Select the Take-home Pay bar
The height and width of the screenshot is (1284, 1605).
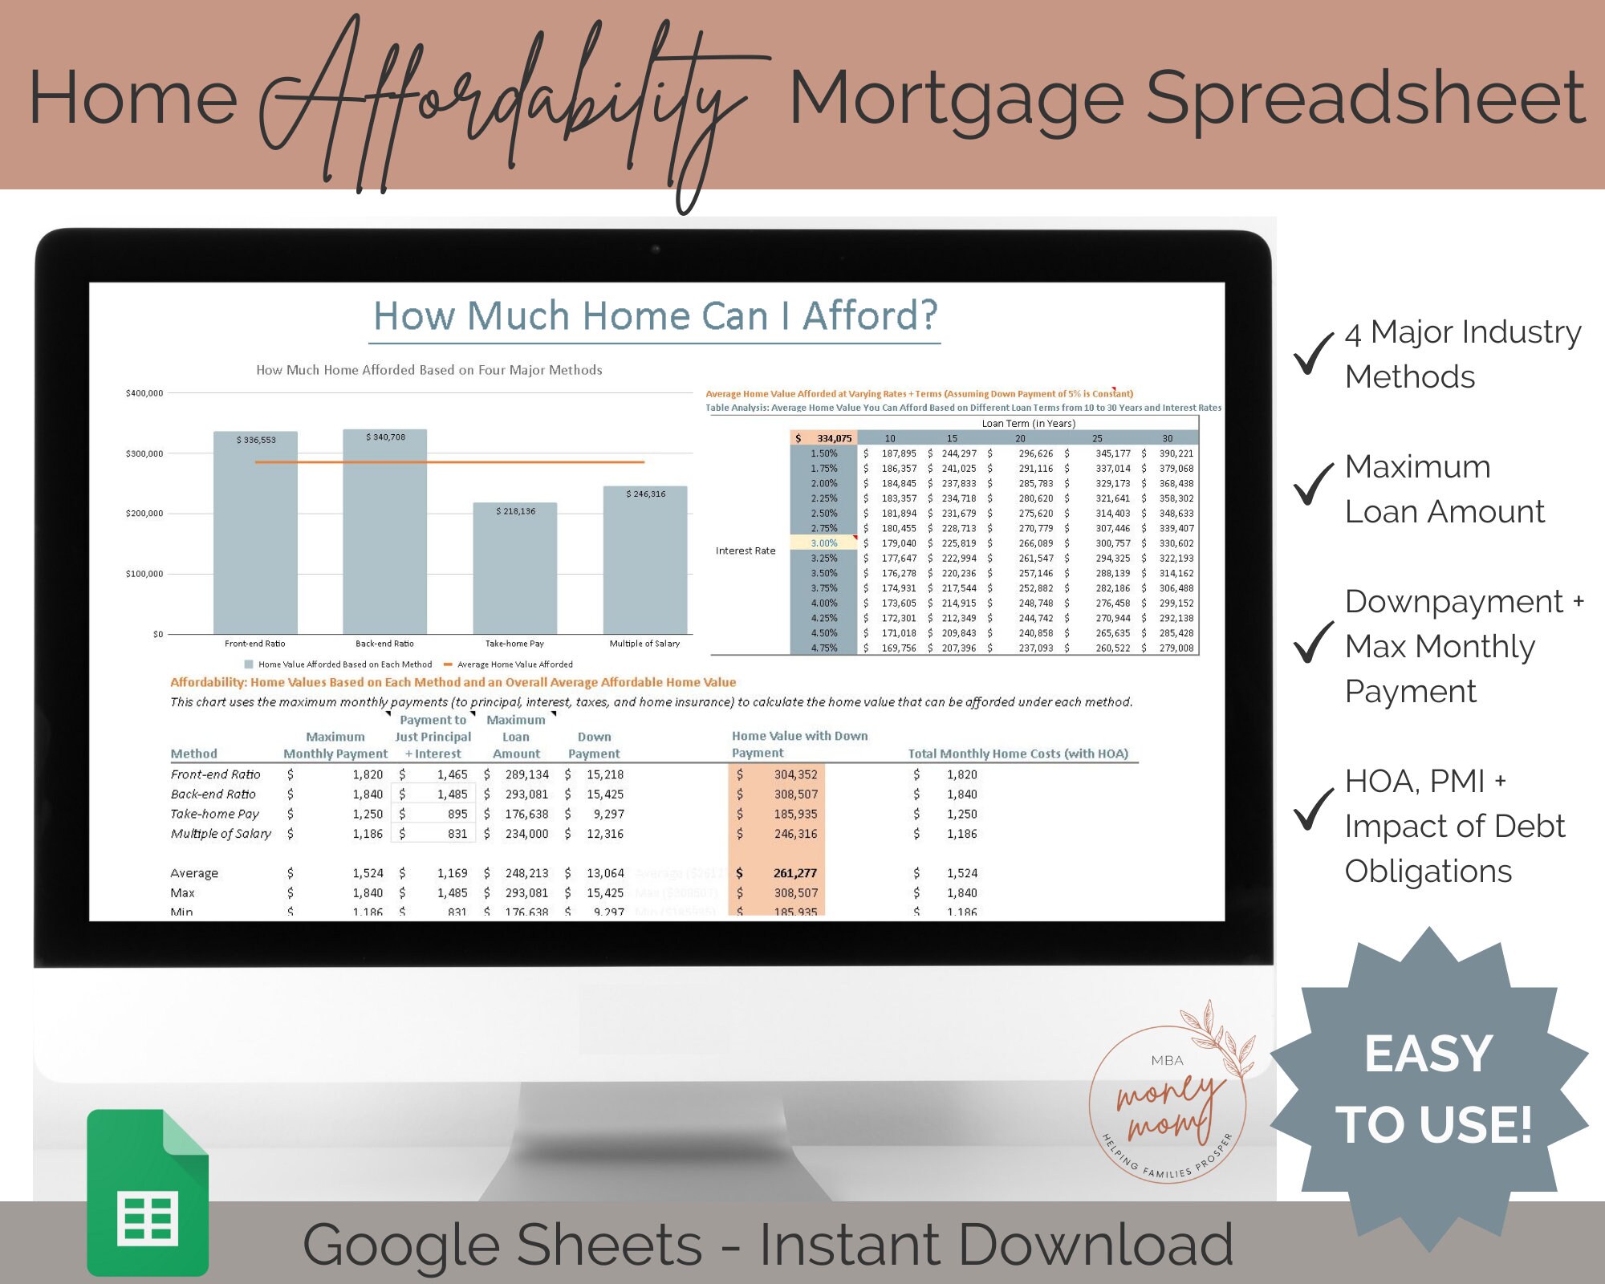point(514,569)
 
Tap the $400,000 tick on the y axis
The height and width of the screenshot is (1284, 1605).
point(144,393)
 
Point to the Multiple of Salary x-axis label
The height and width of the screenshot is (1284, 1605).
point(644,644)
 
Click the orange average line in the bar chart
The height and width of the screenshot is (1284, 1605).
point(449,462)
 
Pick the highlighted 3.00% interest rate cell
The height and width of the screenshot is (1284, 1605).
point(824,543)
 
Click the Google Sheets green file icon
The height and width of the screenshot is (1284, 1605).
point(148,1193)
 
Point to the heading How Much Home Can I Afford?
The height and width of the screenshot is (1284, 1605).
point(655,316)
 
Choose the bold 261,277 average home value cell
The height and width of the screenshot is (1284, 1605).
point(794,873)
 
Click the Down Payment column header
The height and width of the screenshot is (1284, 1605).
point(594,746)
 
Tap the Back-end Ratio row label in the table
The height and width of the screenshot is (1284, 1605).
point(213,794)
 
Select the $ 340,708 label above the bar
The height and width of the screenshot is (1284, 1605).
point(385,437)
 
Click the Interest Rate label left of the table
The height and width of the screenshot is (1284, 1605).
point(746,551)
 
